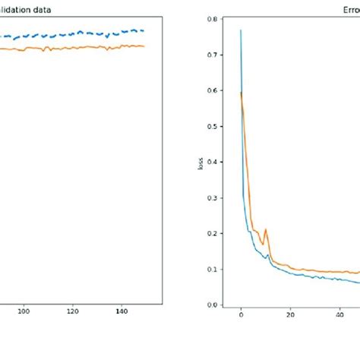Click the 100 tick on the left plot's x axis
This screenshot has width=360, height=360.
(24, 311)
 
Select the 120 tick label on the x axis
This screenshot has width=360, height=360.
(72, 311)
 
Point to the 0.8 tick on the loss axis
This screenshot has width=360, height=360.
(220, 19)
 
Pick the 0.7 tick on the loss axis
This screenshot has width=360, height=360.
(220, 55)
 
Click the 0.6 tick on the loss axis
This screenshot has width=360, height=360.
(220, 90)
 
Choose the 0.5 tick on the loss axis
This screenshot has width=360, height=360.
(220, 126)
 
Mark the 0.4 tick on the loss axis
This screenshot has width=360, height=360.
(220, 162)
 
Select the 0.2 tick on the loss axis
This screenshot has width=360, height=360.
(220, 233)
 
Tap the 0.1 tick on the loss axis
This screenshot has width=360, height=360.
(220, 269)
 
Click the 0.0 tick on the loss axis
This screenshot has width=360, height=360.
(220, 305)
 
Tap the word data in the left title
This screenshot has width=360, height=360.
(43, 10)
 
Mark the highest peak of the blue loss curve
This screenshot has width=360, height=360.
(241, 30)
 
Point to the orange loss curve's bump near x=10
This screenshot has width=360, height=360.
(266, 229)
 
